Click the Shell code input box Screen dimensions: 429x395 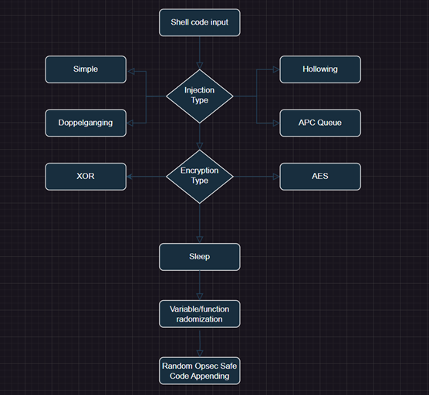[x=200, y=22]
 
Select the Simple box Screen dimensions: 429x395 [x=86, y=69]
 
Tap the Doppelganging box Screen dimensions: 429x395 [x=86, y=123]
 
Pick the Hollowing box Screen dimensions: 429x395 [x=320, y=69]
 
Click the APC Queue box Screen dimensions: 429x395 [x=320, y=123]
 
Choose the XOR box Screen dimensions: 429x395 [x=86, y=177]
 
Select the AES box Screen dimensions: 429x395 [x=320, y=177]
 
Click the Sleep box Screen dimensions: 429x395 [x=200, y=257]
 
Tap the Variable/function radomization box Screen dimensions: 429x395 [x=200, y=314]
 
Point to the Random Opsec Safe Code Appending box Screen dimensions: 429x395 [x=200, y=371]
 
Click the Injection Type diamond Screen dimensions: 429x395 [x=200, y=96]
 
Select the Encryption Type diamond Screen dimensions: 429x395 [x=200, y=177]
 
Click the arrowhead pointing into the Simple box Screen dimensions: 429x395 [x=131, y=72]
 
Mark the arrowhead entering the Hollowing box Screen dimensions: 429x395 [x=276, y=69]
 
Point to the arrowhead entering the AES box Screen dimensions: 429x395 [x=276, y=177]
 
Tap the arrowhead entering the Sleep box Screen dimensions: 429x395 [x=200, y=240]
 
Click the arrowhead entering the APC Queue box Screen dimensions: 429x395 [x=276, y=123]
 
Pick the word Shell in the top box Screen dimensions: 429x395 [x=179, y=22]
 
